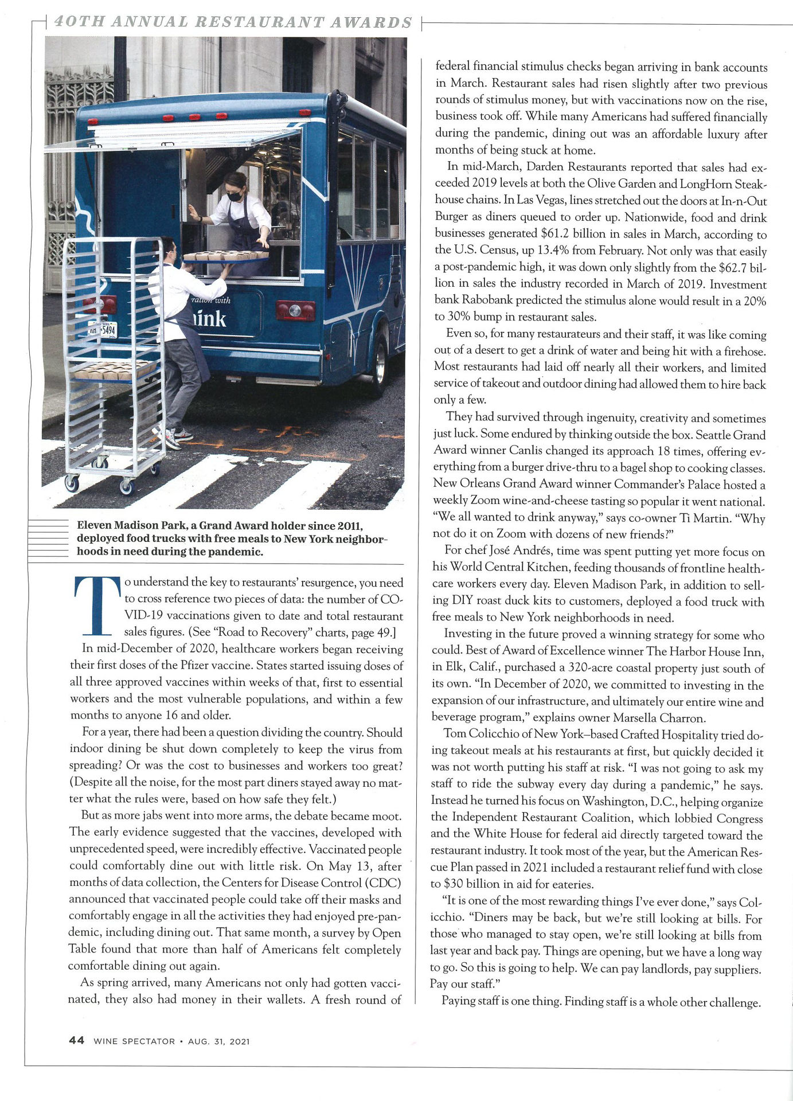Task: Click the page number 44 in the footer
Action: click(76, 1041)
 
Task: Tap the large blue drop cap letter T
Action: click(97, 606)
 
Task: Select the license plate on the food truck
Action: click(103, 330)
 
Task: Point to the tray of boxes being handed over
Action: click(226, 256)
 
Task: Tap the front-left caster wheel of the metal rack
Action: click(72, 483)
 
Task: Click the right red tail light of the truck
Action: click(295, 311)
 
